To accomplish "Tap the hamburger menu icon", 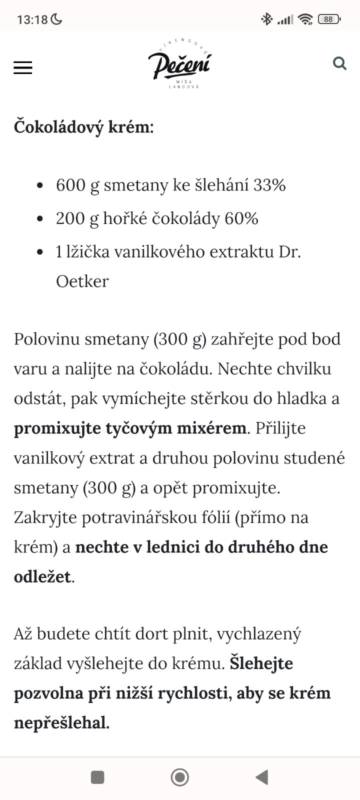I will tap(22, 68).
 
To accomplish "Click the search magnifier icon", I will tap(339, 63).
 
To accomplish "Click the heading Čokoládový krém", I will tap(83, 126).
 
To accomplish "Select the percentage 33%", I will tap(269, 185).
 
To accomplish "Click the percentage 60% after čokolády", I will tap(241, 218).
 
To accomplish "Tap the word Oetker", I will tap(82, 281).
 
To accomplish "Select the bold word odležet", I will tap(42, 576).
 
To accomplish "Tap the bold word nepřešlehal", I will tap(60, 722).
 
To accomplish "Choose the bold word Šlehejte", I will tap(261, 663).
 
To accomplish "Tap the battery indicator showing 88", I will tap(328, 19).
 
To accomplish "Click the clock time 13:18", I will tap(32, 19).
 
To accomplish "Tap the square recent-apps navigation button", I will tap(97, 777).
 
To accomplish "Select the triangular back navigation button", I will tap(262, 777).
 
